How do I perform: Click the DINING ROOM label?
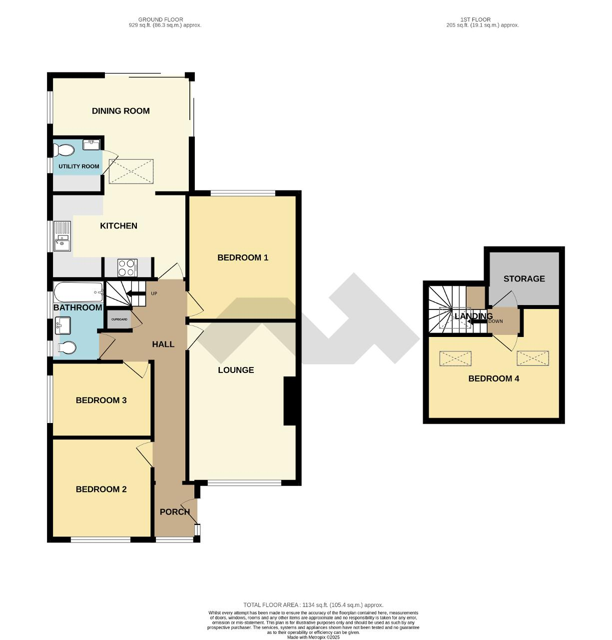(120, 111)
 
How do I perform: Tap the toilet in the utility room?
(64, 150)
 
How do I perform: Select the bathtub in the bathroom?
(78, 292)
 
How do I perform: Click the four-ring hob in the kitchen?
(127, 267)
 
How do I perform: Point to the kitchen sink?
(63, 236)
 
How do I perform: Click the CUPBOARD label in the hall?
(119, 319)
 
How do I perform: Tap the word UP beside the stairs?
(154, 293)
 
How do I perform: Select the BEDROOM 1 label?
(243, 257)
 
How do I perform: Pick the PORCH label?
(174, 511)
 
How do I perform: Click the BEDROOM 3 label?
(101, 400)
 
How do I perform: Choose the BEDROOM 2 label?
(101, 489)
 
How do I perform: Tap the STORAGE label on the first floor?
(524, 278)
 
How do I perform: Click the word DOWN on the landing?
(496, 321)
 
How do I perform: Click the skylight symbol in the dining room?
(131, 171)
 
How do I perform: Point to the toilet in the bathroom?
(67, 347)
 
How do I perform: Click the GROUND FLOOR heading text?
(161, 19)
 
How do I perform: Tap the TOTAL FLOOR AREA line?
(313, 605)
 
